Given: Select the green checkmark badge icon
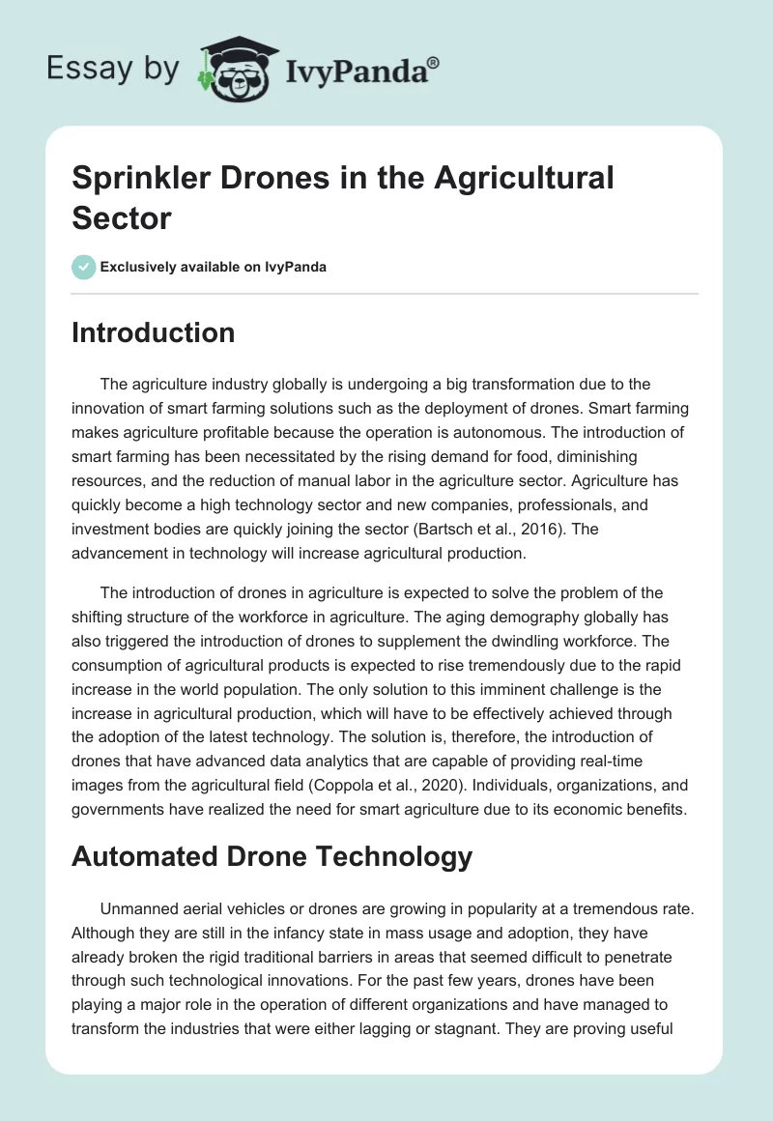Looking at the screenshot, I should coord(84,267).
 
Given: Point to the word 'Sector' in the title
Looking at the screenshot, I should coord(122,217).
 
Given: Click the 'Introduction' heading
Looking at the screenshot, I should coord(153,333).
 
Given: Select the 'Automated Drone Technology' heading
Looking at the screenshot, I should coord(272,856).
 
